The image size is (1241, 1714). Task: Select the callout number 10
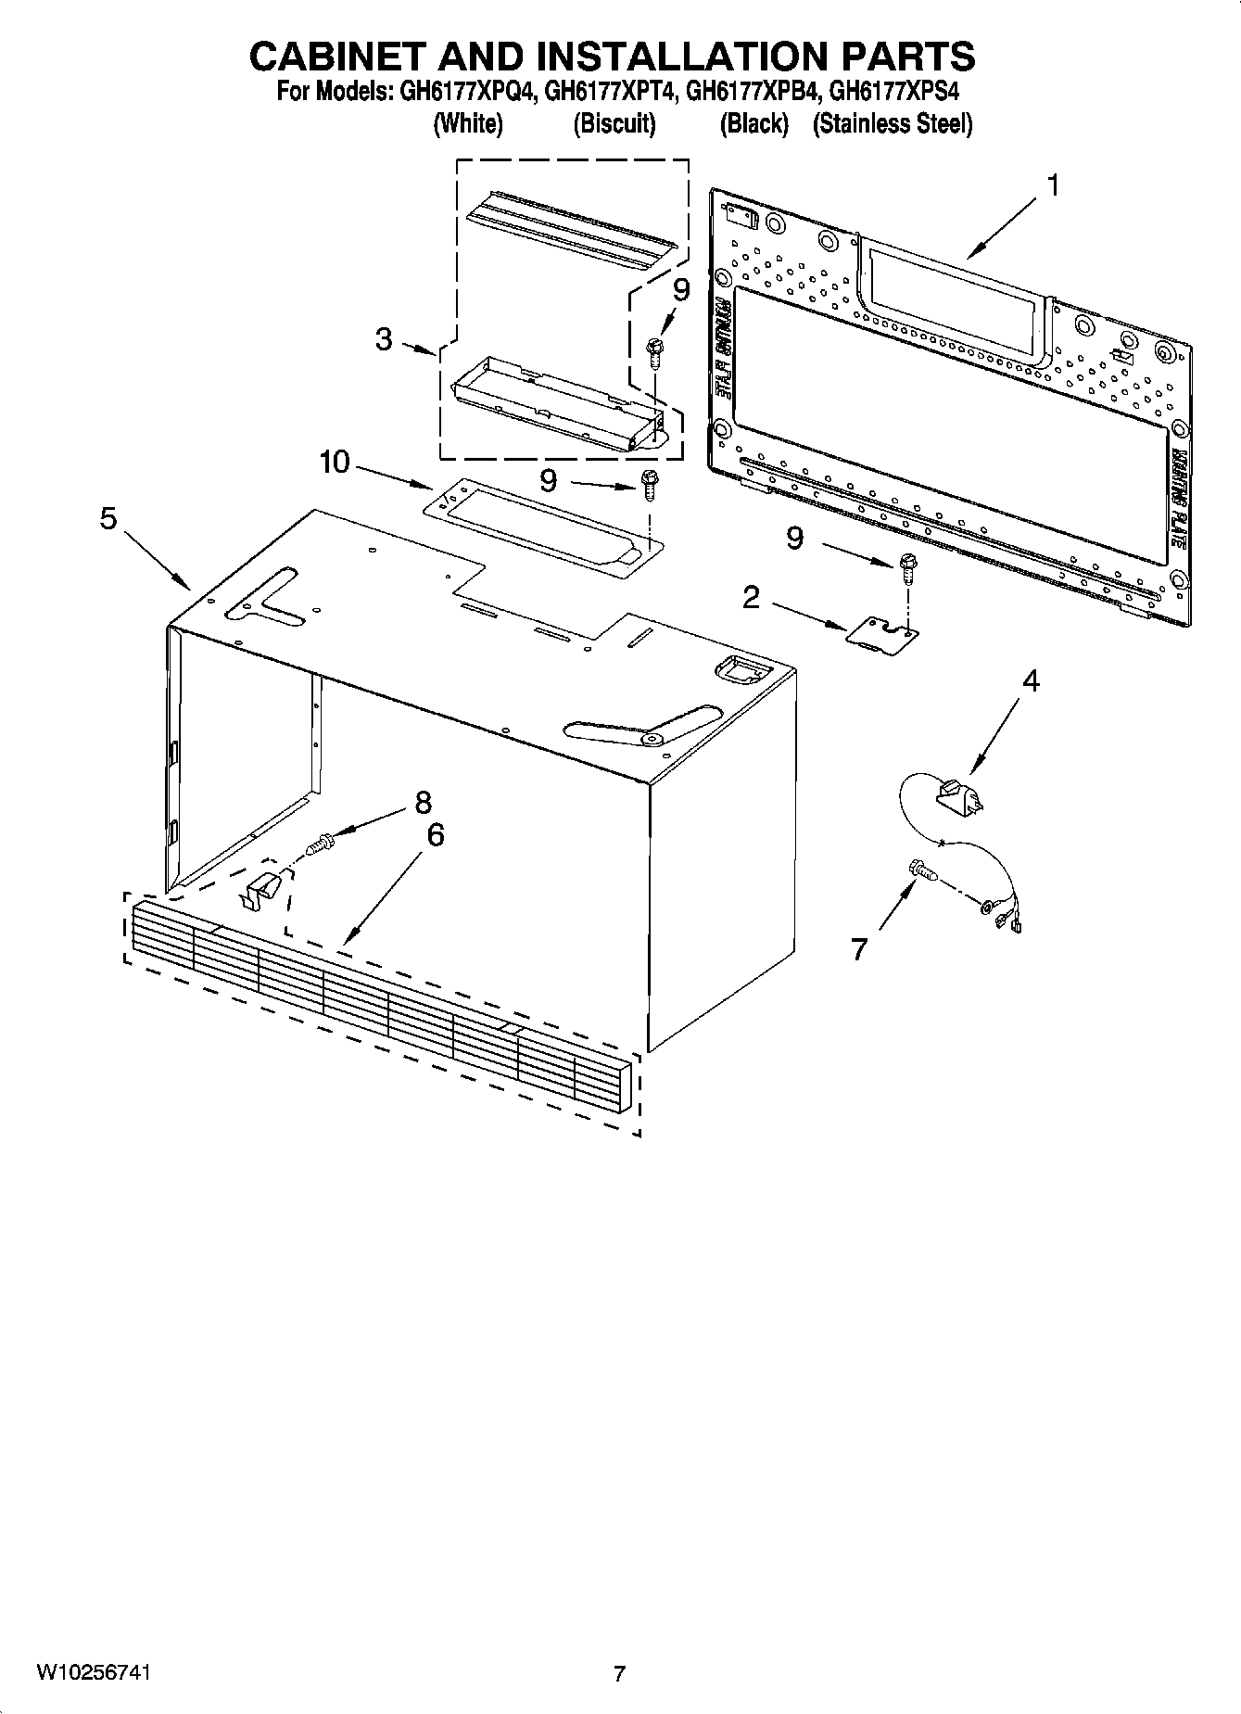334,461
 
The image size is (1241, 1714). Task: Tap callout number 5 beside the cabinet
108,519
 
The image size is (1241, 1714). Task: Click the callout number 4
1030,681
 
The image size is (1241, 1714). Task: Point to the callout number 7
860,949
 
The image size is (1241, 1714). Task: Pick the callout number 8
423,802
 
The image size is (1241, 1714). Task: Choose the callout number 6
435,835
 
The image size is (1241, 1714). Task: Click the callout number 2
751,598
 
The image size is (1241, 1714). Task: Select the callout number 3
384,339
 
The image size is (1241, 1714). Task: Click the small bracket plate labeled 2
881,636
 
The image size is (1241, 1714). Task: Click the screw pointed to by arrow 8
320,844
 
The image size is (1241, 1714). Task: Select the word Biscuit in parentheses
614,124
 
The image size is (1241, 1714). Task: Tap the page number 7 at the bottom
619,1673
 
